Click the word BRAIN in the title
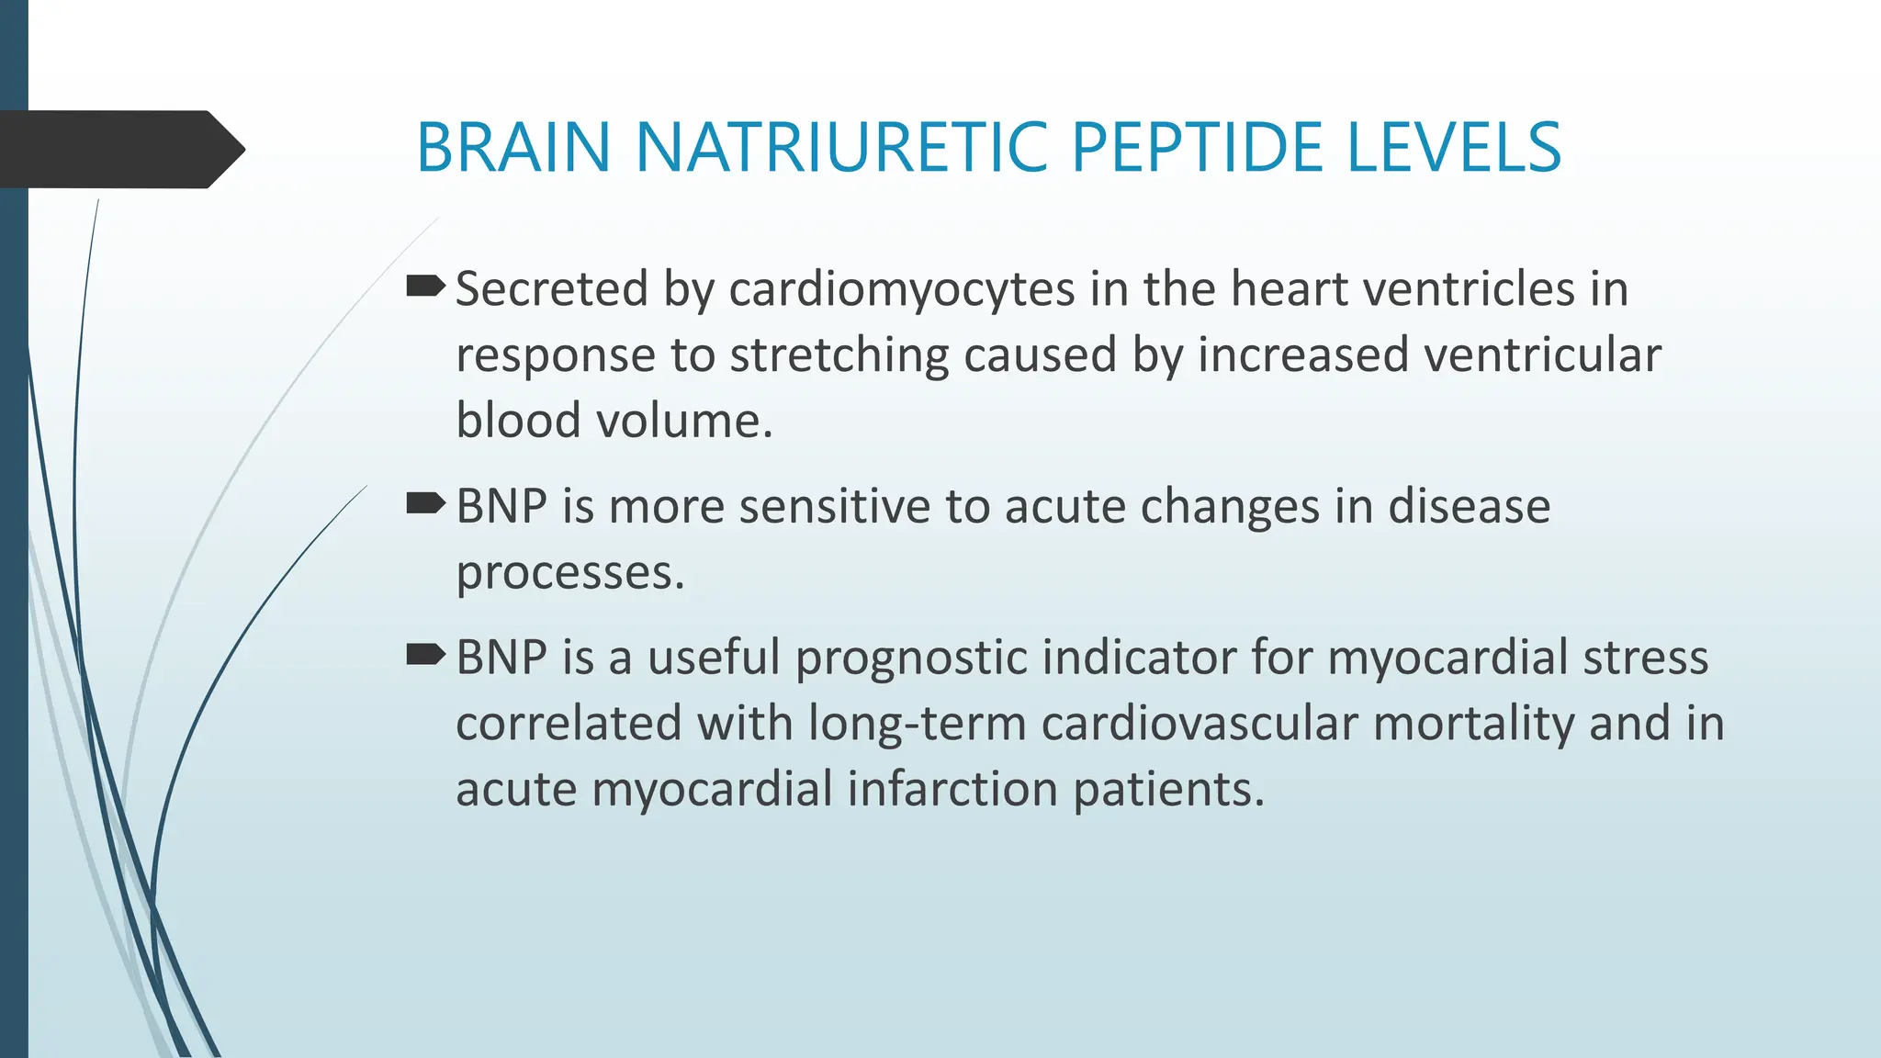coord(513,147)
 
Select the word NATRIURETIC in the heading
coord(840,147)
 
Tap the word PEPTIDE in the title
coord(1197,147)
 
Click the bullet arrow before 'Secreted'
coord(425,287)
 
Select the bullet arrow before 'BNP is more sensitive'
coord(425,504)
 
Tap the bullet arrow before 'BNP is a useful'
coord(425,656)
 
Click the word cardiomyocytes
coord(902,290)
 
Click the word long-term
coord(917,724)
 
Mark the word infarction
coord(952,789)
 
